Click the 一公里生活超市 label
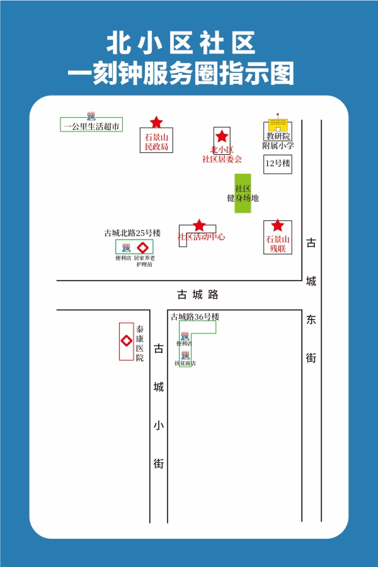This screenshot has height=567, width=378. click(x=91, y=126)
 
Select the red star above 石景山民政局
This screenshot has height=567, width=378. click(x=156, y=122)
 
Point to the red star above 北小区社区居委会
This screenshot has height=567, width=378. click(x=222, y=136)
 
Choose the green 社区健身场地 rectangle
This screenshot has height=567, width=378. click(x=243, y=193)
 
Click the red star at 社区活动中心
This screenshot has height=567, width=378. click(x=199, y=225)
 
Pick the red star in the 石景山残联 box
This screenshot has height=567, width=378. click(x=277, y=226)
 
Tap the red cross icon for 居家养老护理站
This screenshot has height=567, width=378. click(x=144, y=247)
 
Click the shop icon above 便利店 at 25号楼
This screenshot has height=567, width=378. click(x=125, y=248)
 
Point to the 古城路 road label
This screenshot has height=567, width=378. click(x=197, y=295)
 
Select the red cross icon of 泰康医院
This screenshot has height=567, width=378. click(x=126, y=341)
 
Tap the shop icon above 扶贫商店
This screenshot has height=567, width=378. click(x=185, y=356)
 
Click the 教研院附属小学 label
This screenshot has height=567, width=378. click(x=278, y=140)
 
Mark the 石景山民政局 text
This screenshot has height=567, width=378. click(x=156, y=142)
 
